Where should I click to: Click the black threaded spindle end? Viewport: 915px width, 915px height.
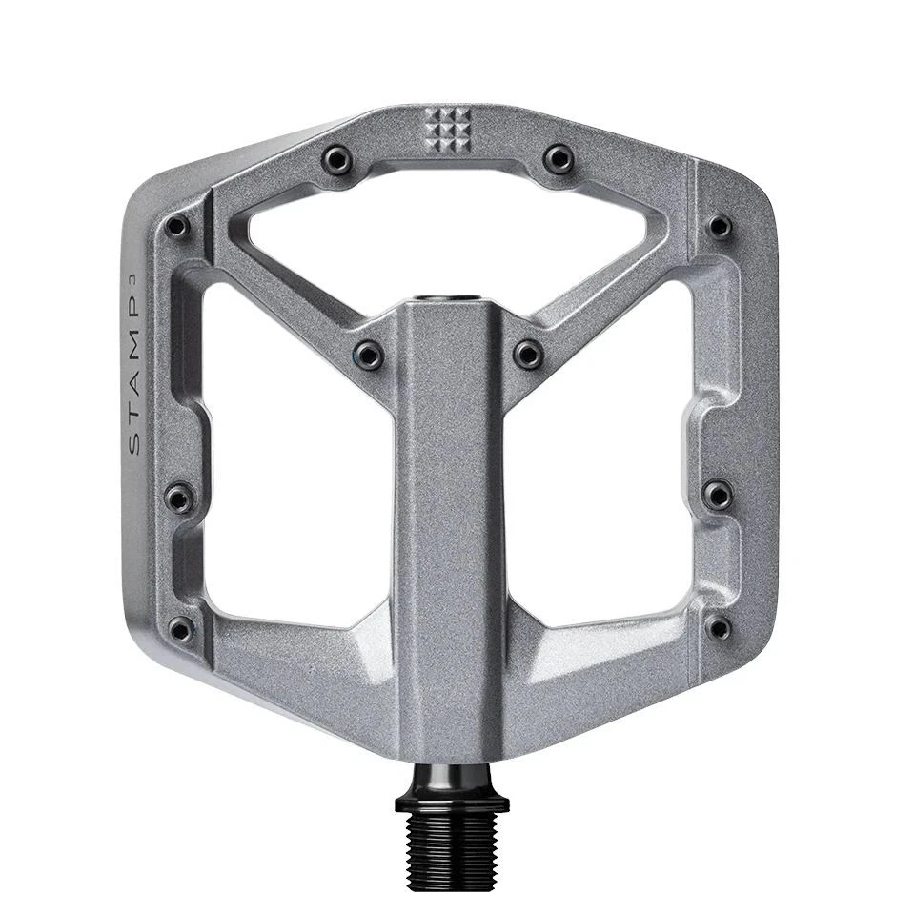tap(451, 844)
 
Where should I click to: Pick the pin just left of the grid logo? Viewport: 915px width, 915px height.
tap(336, 158)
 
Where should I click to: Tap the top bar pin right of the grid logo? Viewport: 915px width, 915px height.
tap(559, 157)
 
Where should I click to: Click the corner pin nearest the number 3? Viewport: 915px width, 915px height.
tap(177, 226)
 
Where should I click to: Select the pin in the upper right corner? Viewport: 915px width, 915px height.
tap(720, 226)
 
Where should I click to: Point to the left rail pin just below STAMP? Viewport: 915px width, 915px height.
tap(179, 497)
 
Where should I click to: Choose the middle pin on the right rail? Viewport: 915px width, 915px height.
tap(718, 494)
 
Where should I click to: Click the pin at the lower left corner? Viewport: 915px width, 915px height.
tap(180, 628)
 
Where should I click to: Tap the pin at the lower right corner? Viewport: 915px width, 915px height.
tap(720, 627)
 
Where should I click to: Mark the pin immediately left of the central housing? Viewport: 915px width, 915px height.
tap(369, 356)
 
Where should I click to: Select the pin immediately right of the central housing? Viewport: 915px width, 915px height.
tap(529, 355)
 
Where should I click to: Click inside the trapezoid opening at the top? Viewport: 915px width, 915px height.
tap(448, 238)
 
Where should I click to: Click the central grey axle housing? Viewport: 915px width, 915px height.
tap(449, 524)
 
